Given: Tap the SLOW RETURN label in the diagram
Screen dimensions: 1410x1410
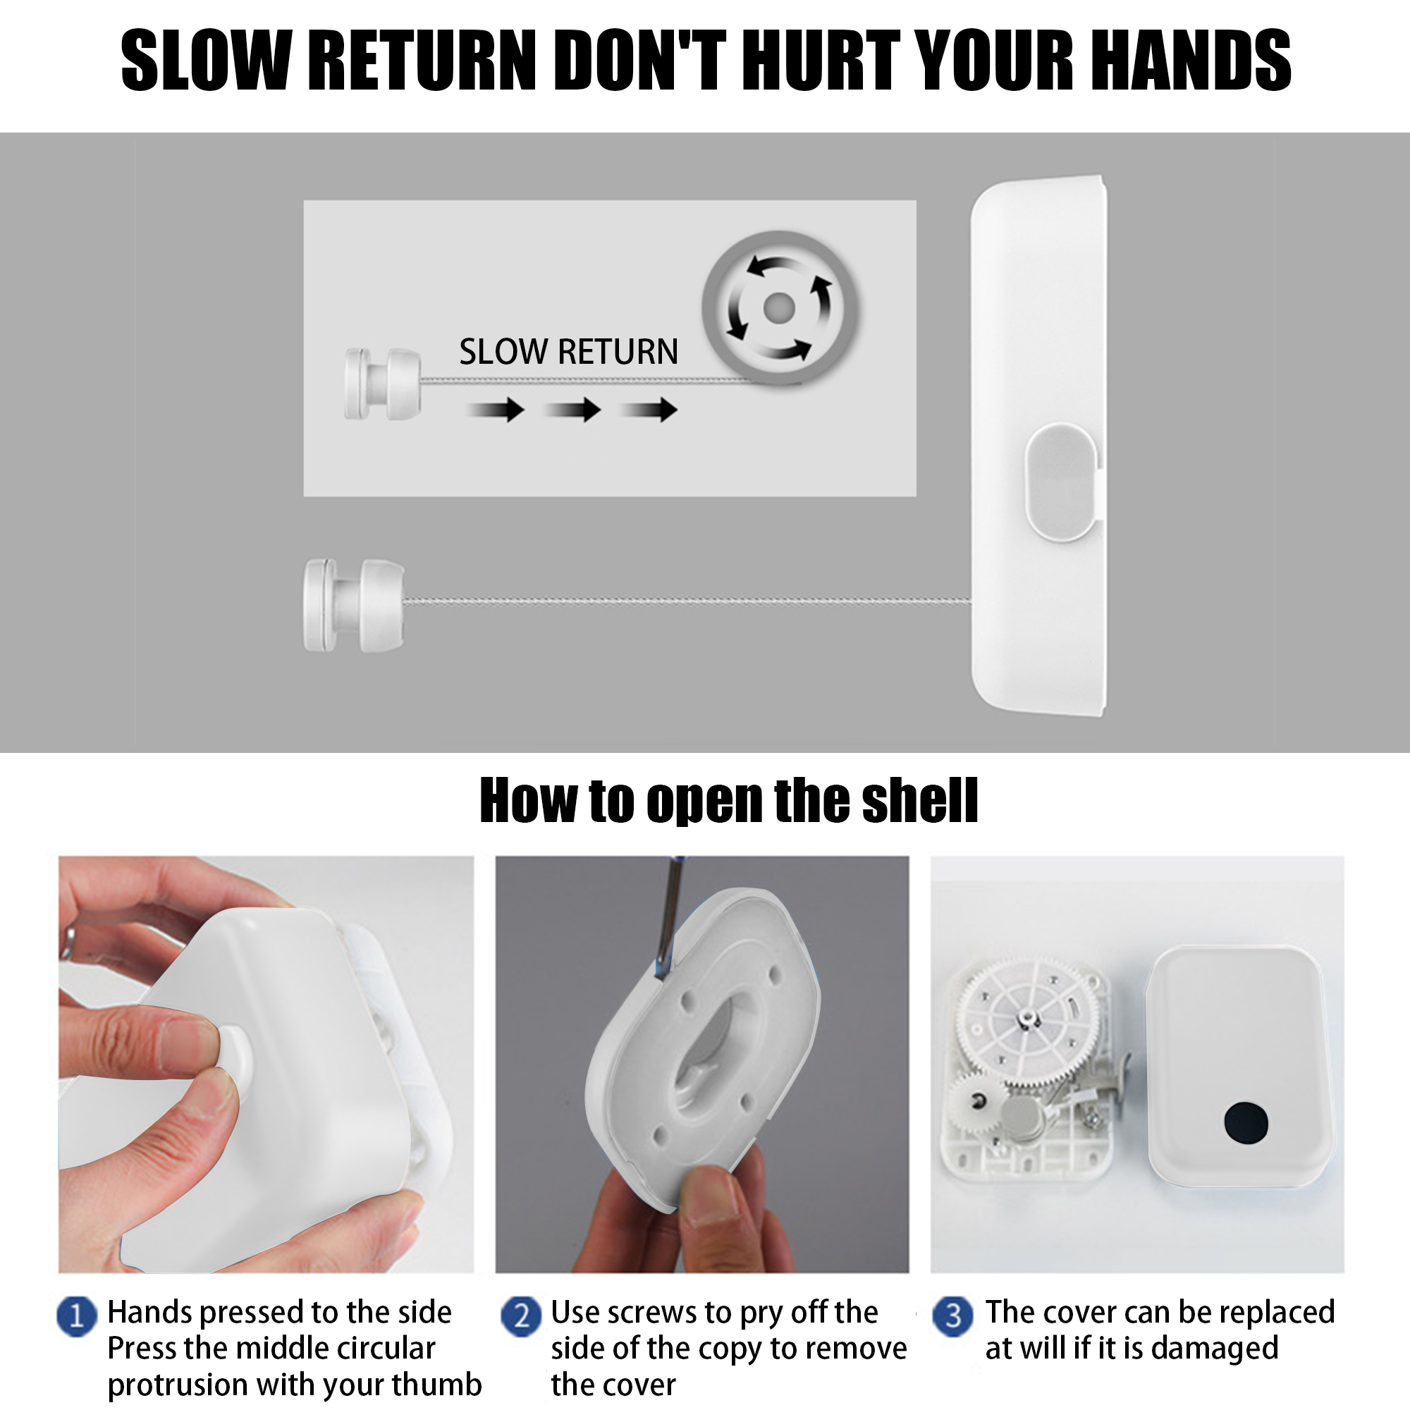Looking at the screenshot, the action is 568,352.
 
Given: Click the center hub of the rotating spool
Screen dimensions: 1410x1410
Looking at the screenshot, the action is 779,308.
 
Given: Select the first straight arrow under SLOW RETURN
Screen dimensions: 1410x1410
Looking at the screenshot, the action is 496,410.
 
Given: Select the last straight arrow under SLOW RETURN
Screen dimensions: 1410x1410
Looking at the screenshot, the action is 649,410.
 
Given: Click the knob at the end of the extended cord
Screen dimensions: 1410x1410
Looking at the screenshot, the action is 354,605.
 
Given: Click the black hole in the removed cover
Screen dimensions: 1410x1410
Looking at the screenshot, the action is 1246,1122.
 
